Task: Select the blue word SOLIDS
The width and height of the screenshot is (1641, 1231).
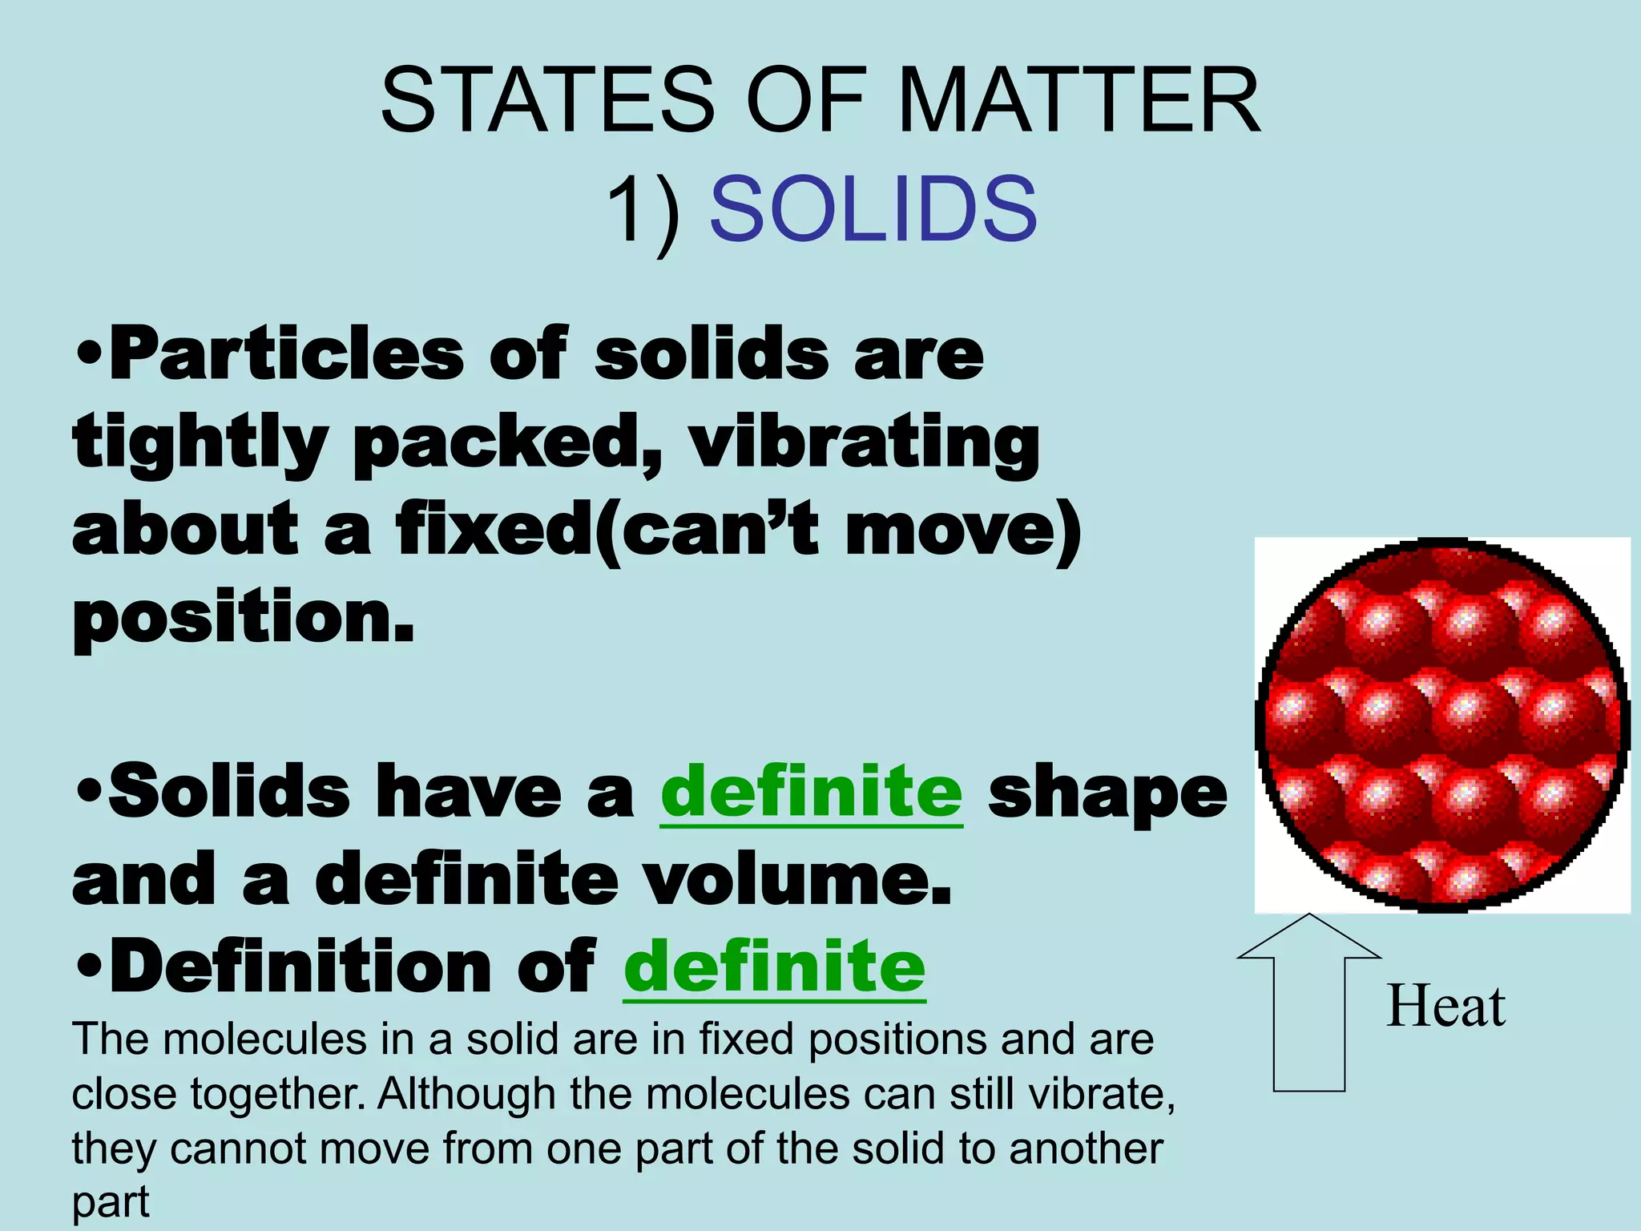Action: coord(873,210)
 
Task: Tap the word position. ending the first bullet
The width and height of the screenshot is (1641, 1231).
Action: coord(244,620)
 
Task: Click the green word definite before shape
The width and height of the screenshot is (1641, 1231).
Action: coord(811,792)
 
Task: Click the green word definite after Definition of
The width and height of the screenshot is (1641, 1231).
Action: coord(774,967)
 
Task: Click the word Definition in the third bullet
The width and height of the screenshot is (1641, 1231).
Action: coord(300,967)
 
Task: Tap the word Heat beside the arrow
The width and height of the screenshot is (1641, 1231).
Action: coord(1445,1007)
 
